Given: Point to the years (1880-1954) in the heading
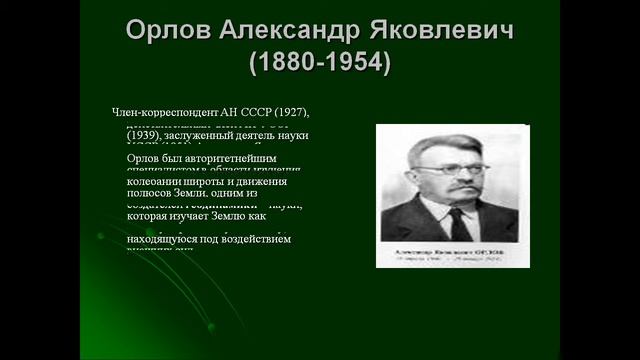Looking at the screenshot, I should [319, 64].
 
